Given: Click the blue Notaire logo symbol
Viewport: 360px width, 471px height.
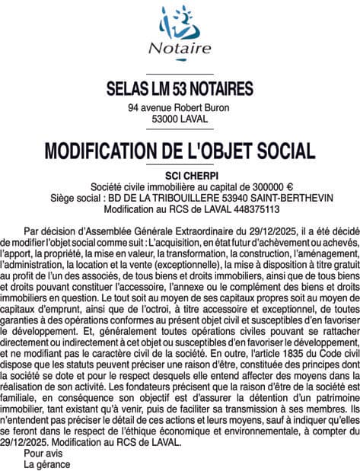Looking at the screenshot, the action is pyautogui.click(x=179, y=24).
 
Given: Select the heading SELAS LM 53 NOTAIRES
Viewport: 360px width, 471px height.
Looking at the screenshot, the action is pyautogui.click(x=180, y=90).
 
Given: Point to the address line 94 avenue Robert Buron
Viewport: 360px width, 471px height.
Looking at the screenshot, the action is pyautogui.click(x=179, y=108).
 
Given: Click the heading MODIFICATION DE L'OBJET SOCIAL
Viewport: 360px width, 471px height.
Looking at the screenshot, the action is pyautogui.click(x=180, y=150).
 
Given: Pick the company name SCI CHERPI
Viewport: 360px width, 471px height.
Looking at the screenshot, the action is pyautogui.click(x=180, y=175).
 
